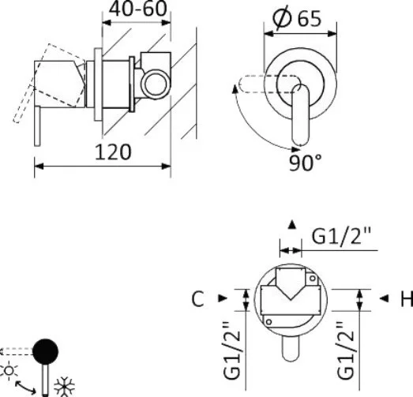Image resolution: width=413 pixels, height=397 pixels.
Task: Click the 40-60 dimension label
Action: (x=138, y=9)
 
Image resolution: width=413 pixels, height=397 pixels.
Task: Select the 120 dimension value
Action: (x=113, y=152)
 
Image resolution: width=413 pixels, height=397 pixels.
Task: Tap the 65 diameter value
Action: (x=310, y=19)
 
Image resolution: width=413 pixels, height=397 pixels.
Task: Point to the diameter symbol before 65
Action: (x=283, y=18)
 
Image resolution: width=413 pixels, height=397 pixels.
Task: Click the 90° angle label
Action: (x=306, y=163)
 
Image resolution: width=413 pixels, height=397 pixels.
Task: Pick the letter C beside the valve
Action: (x=197, y=299)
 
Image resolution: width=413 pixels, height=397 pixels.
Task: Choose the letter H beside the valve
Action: (x=407, y=299)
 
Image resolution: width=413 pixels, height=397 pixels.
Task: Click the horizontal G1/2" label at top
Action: (x=341, y=236)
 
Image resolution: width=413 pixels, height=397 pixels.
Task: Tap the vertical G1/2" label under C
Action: (x=232, y=350)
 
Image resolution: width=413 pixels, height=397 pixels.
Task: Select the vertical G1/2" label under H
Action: (x=345, y=350)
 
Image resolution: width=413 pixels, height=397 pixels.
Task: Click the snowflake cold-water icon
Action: (x=64, y=387)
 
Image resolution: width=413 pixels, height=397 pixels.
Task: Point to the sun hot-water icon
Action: (x=9, y=371)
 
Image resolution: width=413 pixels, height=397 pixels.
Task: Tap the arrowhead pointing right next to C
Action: (x=223, y=298)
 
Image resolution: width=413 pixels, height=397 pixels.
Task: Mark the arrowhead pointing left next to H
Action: (x=384, y=298)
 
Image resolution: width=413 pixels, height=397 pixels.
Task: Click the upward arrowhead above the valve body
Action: (x=292, y=225)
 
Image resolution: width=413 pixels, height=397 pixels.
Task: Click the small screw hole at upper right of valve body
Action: (x=313, y=279)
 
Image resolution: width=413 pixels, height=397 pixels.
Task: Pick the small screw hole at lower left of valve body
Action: (x=268, y=322)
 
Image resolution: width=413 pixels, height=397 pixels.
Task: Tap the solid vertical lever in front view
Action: (x=301, y=115)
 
